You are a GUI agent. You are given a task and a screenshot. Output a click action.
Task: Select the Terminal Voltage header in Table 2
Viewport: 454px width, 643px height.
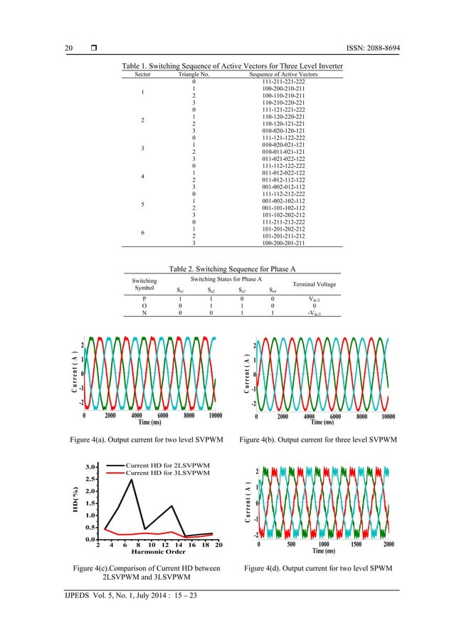coord(310,285)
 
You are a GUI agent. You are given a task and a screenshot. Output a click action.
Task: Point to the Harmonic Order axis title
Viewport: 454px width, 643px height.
coord(159,551)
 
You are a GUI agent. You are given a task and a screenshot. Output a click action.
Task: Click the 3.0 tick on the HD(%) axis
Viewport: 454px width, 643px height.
coord(92,467)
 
